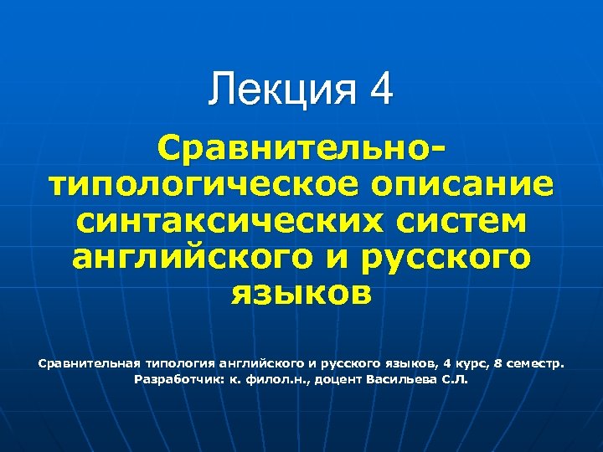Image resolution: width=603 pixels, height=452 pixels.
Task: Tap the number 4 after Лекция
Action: (x=379, y=90)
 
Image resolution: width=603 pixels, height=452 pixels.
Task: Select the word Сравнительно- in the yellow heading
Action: (x=301, y=151)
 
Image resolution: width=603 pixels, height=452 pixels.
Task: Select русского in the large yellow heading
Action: (x=444, y=258)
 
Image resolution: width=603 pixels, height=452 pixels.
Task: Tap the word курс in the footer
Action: (x=464, y=364)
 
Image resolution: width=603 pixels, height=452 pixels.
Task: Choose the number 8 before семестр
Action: (x=496, y=364)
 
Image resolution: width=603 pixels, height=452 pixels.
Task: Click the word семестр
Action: (x=535, y=364)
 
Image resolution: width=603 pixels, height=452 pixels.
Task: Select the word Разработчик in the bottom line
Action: (x=178, y=379)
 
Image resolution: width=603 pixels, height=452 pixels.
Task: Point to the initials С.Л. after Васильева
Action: (x=455, y=379)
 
